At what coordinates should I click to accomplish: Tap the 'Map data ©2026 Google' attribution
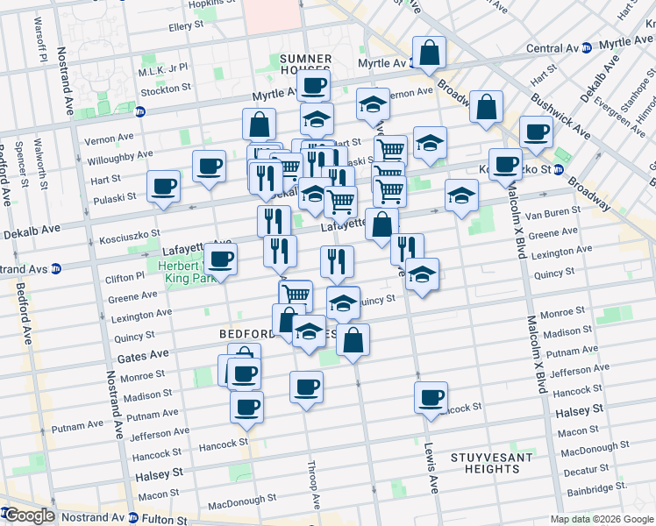[602, 519]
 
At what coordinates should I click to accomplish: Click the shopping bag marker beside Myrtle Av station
[429, 54]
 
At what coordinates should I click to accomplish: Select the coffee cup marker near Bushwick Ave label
[535, 133]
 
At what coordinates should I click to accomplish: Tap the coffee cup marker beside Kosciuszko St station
[505, 164]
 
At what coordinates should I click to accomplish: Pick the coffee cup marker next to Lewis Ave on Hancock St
[431, 397]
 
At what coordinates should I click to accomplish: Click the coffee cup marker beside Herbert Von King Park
[221, 259]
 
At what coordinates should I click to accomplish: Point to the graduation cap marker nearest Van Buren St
[460, 196]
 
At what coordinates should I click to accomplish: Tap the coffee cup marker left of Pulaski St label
[164, 187]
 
